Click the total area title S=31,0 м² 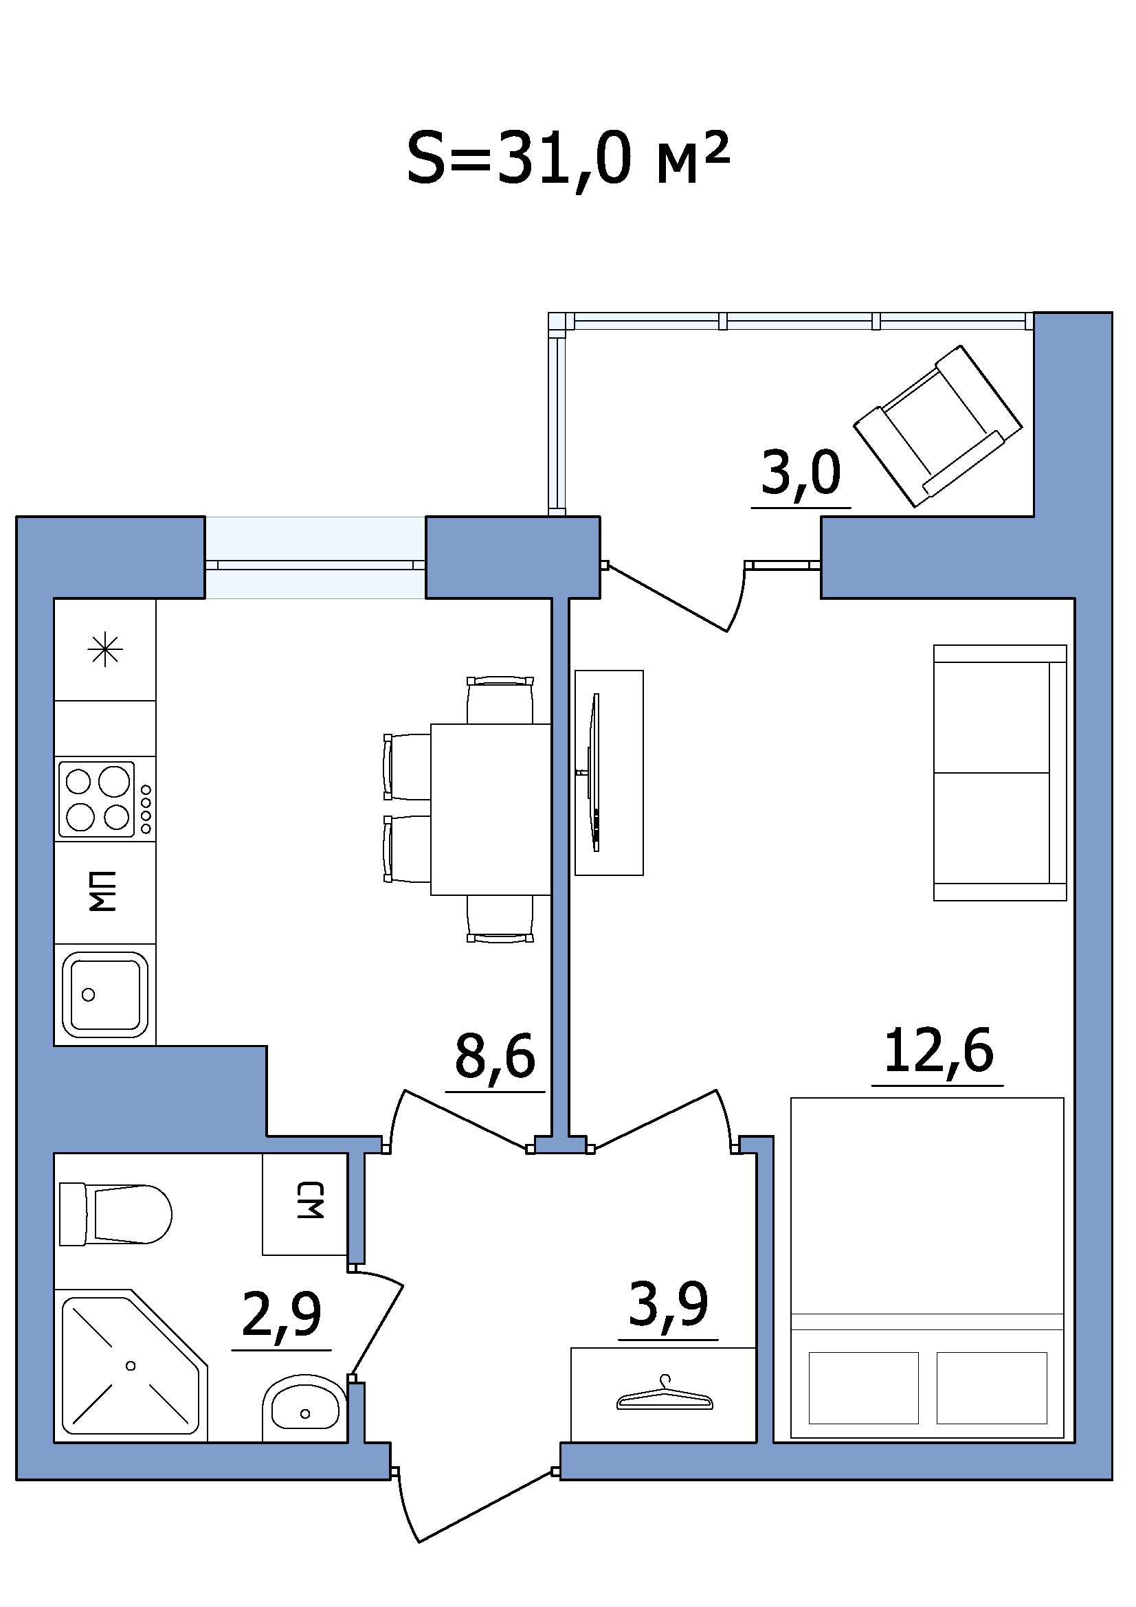coord(568,159)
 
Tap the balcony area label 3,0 coord(801,473)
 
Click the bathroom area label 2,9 coord(281,1314)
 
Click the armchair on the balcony coord(938,425)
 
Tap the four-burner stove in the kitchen coord(106,799)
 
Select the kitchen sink coord(105,995)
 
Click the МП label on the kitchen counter coord(103,892)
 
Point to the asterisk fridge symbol coord(105,650)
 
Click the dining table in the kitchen coord(491,809)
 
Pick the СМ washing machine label coord(310,1200)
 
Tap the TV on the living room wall coord(596,773)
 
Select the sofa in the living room coord(999,773)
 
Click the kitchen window coord(315,558)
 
